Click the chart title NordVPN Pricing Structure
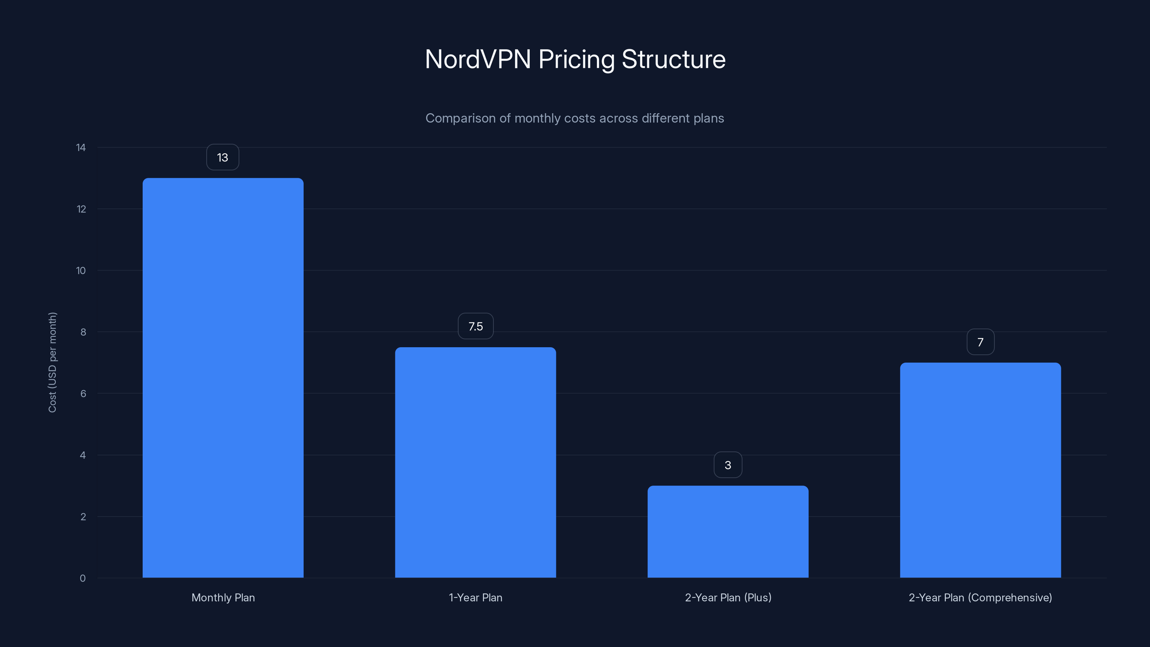click(575, 59)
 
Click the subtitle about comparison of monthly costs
click(575, 118)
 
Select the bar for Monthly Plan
click(223, 378)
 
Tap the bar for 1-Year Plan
click(475, 462)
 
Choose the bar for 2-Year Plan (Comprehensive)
click(980, 470)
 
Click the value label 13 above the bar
click(222, 158)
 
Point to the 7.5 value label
click(475, 326)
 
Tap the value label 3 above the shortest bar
click(728, 465)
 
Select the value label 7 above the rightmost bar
click(980, 343)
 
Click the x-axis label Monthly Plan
click(223, 597)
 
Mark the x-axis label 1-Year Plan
click(475, 597)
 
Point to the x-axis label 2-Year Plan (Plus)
click(728, 597)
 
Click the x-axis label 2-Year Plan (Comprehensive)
click(980, 597)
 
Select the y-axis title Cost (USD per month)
click(53, 362)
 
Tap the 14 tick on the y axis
click(81, 148)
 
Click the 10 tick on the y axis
click(81, 271)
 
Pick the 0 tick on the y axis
click(83, 578)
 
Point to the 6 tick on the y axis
click(83, 394)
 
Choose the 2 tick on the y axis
click(83, 517)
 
